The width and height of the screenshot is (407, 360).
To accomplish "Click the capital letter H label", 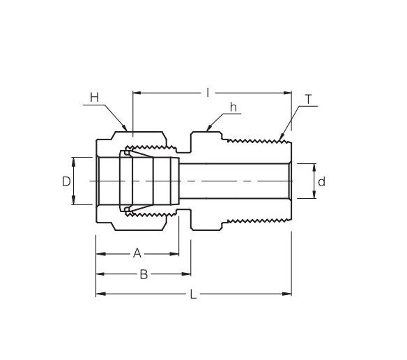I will coord(94,96).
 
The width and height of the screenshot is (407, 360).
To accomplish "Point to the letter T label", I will coord(308,100).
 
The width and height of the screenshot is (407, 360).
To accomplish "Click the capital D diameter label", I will coord(66,181).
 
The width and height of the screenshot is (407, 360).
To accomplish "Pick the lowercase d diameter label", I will coord(321,181).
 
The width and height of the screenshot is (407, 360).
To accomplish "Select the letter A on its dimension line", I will coord(137,253).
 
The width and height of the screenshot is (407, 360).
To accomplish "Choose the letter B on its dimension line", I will coord(144,274).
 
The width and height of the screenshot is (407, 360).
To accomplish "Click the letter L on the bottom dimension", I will coord(193,295).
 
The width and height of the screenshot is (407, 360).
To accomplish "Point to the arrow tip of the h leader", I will coord(207,130).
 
